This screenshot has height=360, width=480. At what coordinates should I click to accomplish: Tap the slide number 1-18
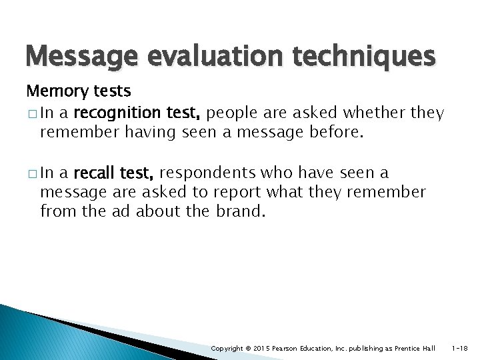[x=459, y=349]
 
